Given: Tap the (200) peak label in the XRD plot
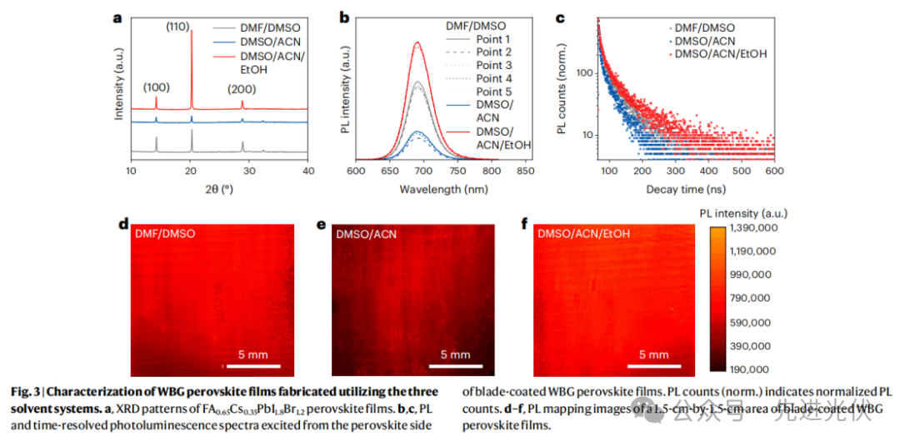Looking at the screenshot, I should click(242, 88).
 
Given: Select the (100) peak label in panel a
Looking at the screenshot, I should click(157, 87).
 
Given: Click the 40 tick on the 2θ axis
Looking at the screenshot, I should click(309, 171).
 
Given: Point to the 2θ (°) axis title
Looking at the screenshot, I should click(219, 188).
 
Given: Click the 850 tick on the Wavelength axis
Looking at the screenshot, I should click(524, 171).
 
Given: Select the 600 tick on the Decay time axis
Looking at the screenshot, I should click(774, 171).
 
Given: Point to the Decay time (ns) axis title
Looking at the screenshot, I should click(687, 188).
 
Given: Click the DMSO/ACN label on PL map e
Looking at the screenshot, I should click(367, 235).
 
